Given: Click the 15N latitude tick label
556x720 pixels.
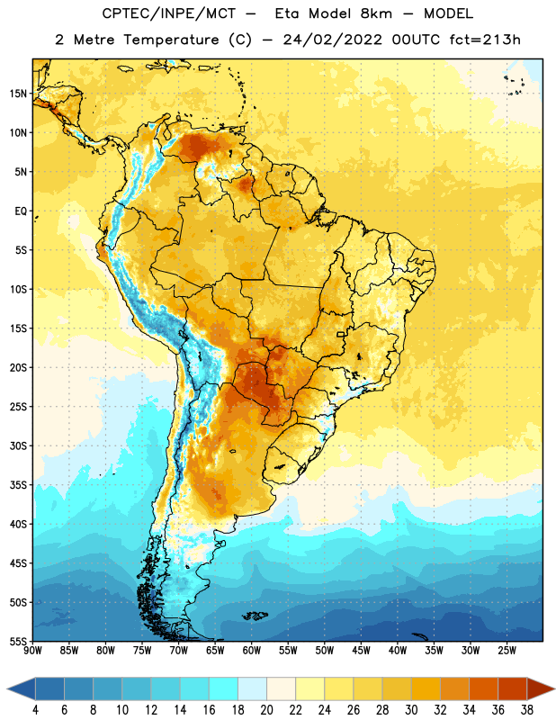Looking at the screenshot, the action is [x=18, y=94].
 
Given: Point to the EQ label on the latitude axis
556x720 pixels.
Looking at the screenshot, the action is [x=21, y=211].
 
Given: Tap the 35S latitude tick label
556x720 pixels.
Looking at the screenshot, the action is [x=18, y=485].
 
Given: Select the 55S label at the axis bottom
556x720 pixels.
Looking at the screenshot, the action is [x=18, y=641].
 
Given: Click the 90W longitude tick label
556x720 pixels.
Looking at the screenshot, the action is [x=32, y=651].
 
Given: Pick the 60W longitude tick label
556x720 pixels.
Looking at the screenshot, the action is [x=252, y=651].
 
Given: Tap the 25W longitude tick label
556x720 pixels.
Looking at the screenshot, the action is [x=507, y=651].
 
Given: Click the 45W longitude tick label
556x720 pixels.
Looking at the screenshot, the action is [x=361, y=651].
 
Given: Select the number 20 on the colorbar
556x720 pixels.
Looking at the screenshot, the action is [x=266, y=710].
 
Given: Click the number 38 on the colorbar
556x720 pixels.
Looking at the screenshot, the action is [x=527, y=710].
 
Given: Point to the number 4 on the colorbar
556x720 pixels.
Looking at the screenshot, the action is [x=35, y=710].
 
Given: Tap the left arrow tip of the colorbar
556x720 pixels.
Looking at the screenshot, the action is [x=7, y=688].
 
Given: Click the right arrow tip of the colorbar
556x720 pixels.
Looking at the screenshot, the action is [x=554, y=688].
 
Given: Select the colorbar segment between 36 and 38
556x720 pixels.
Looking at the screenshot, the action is [x=513, y=688].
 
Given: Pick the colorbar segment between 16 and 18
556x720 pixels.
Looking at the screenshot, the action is [x=223, y=688].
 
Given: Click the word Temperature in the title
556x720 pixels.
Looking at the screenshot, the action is [x=171, y=40].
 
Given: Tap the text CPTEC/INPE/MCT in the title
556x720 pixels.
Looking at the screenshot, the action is [x=168, y=13].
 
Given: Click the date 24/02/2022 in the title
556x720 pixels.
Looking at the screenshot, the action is [x=332, y=40].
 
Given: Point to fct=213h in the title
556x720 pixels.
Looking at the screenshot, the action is [x=485, y=40].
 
